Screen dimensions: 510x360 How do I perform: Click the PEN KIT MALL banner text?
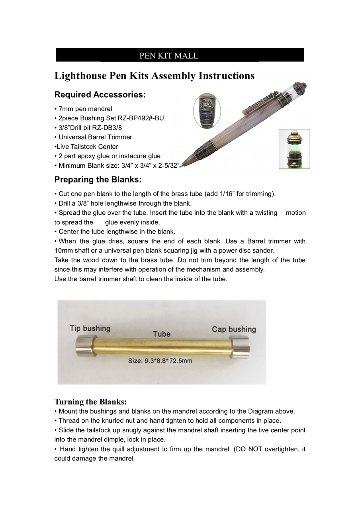[x=168, y=56]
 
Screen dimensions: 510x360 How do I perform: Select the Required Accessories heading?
[x=100, y=95]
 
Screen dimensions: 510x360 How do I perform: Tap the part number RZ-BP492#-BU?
[x=141, y=118]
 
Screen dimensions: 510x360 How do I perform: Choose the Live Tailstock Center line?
[x=86, y=147]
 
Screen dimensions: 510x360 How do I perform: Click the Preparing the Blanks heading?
[x=98, y=180]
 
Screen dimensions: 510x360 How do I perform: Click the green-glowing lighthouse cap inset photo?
[x=294, y=149]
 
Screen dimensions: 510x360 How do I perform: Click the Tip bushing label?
[x=90, y=329]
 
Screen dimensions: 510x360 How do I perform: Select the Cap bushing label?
[x=234, y=330]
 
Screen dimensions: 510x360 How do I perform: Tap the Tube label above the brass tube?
[x=162, y=334]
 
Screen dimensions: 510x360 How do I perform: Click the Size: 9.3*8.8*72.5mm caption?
[x=160, y=361]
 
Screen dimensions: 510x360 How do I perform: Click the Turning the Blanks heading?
[x=90, y=402]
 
